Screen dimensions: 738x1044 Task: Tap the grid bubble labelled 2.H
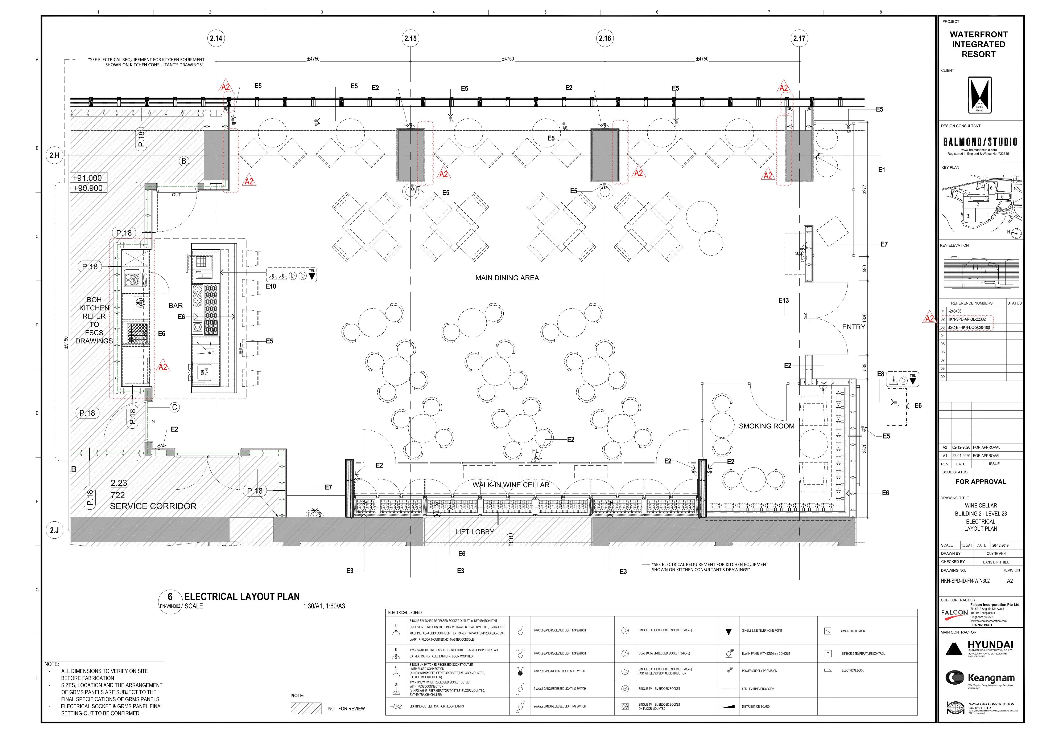point(54,155)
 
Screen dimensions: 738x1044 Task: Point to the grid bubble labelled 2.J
point(54,530)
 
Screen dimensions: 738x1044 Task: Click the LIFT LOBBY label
point(474,532)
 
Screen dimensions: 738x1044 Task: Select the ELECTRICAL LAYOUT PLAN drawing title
point(242,596)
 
